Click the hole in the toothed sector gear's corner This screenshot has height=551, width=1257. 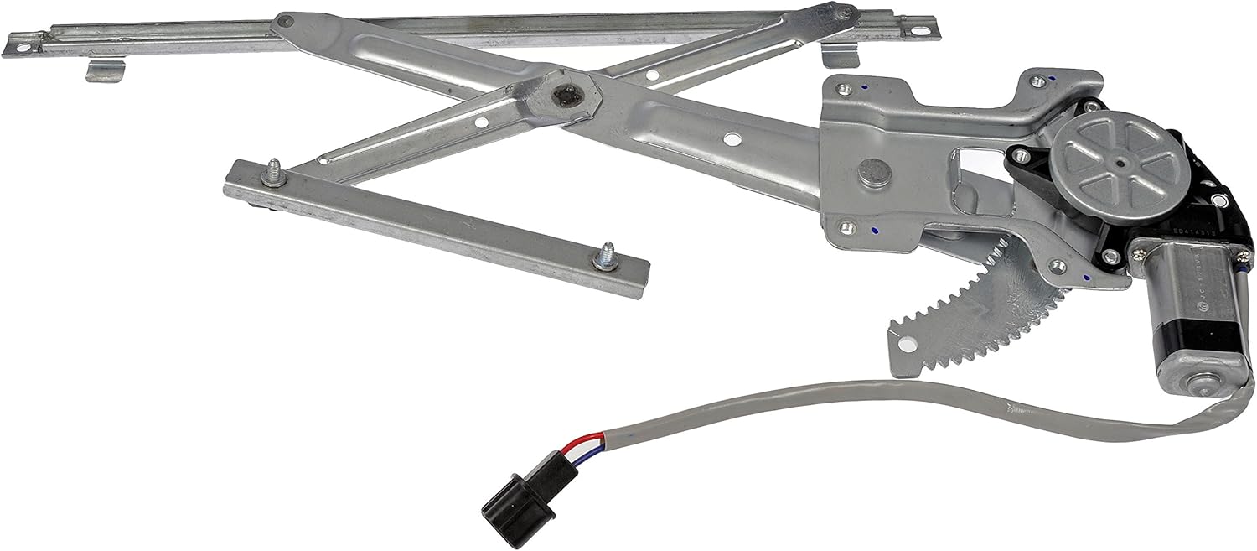tap(905, 343)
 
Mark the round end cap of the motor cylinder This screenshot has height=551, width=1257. tap(1207, 382)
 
